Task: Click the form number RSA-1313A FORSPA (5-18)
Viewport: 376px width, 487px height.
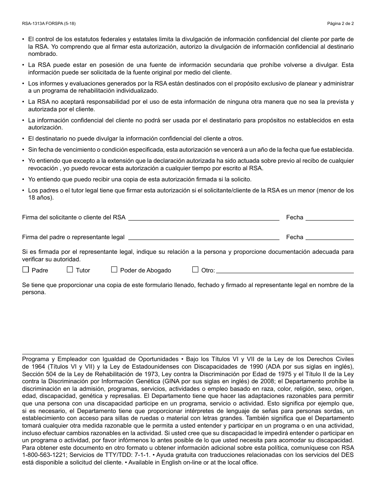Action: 49,23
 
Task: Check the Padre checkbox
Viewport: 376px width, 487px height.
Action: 26,270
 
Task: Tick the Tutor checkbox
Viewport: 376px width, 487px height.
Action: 70,270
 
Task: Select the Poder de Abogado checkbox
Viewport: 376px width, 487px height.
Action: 114,270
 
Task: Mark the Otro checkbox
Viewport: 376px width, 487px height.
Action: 195,270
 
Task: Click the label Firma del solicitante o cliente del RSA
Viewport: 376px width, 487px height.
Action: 74,217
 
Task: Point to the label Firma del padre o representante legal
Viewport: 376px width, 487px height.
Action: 73,237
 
